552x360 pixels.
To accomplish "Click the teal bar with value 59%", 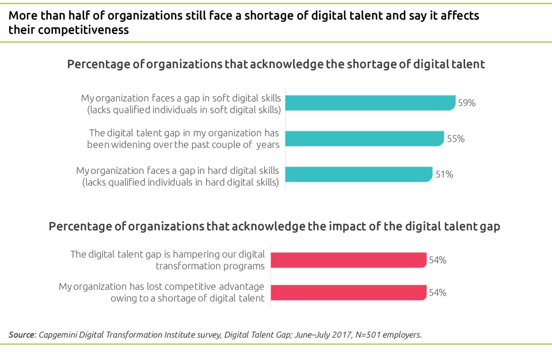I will click(370, 103).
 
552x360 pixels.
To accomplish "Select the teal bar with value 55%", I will click(364, 138).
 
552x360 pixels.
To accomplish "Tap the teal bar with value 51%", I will click(359, 174).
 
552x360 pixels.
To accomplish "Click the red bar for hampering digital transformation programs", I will click(348, 260).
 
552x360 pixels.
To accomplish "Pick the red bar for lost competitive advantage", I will click(348, 292).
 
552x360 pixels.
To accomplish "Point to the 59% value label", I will click(466, 103).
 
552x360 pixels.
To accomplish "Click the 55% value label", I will click(455, 139).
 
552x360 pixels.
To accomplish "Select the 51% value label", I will click(444, 175).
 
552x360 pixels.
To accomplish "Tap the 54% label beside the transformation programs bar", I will click(437, 260).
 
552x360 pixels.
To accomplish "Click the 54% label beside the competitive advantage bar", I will click(437, 293).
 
